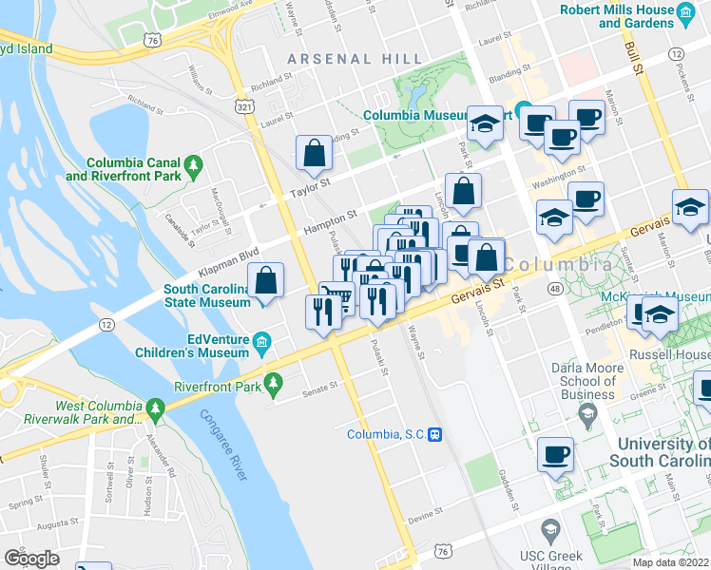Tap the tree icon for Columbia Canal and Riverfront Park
tap(194, 167)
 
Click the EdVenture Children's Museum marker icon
tap(259, 340)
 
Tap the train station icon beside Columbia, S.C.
tap(434, 434)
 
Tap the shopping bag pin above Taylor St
tap(314, 152)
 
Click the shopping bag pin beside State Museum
tap(266, 281)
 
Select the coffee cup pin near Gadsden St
tap(555, 454)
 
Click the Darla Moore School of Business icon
tap(587, 412)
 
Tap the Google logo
tap(32, 558)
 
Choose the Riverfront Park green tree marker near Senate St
tap(275, 383)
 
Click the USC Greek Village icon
tap(548, 527)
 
